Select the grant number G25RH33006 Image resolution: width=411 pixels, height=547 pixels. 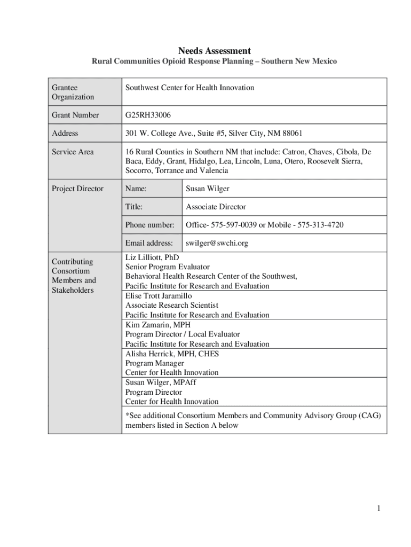(148, 115)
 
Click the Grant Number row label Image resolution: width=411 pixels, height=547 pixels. (75, 115)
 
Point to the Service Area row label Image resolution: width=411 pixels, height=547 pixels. (73, 152)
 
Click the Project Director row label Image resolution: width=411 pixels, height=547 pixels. (77, 189)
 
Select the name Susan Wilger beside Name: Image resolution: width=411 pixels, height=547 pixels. (208, 189)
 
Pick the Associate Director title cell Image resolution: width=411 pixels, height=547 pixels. (216, 207)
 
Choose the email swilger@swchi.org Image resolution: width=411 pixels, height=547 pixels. (217, 243)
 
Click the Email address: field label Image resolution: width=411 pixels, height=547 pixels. (149, 243)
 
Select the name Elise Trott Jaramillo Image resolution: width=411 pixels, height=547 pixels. (159, 295)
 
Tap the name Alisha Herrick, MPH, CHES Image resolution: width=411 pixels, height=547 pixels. (172, 353)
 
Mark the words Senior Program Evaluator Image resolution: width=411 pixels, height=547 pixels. (167, 267)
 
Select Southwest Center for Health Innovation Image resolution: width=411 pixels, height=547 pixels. (189, 87)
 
